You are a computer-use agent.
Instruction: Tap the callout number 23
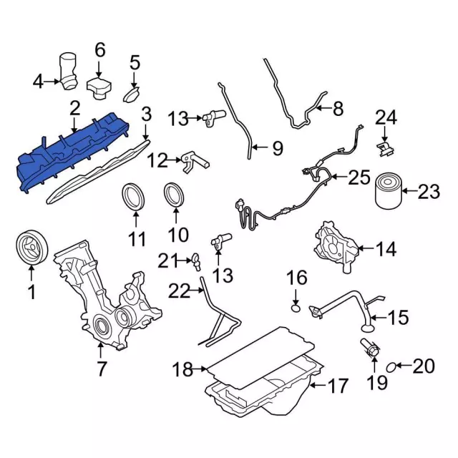(x=429, y=192)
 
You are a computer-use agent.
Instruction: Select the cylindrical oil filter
(x=388, y=191)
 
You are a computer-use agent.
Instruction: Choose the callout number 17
(x=338, y=386)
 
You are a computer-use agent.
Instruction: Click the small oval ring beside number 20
(x=391, y=367)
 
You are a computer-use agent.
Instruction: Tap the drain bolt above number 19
(x=370, y=348)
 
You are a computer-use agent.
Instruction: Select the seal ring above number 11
(x=133, y=196)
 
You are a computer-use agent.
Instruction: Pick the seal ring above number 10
(x=175, y=194)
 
